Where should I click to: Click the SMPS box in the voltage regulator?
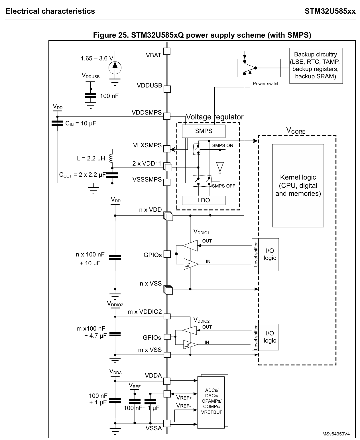[204, 131]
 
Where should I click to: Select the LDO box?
[204, 200]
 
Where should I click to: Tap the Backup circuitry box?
[316, 66]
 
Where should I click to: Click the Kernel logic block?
[298, 186]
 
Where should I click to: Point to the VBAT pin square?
[167, 51]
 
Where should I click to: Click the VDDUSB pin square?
[167, 89]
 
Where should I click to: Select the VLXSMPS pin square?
[167, 149]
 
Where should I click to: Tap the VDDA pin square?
[167, 381]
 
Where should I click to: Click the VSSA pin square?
[167, 423]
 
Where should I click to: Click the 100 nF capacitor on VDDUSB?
[91, 96]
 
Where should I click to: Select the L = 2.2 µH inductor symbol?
[111, 158]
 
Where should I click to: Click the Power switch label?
[266, 84]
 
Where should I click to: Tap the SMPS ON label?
[222, 145]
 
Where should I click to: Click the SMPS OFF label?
[223, 186]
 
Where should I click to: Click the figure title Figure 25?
[202, 35]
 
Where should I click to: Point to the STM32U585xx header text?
[330, 11]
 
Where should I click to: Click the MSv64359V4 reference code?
[336, 434]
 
